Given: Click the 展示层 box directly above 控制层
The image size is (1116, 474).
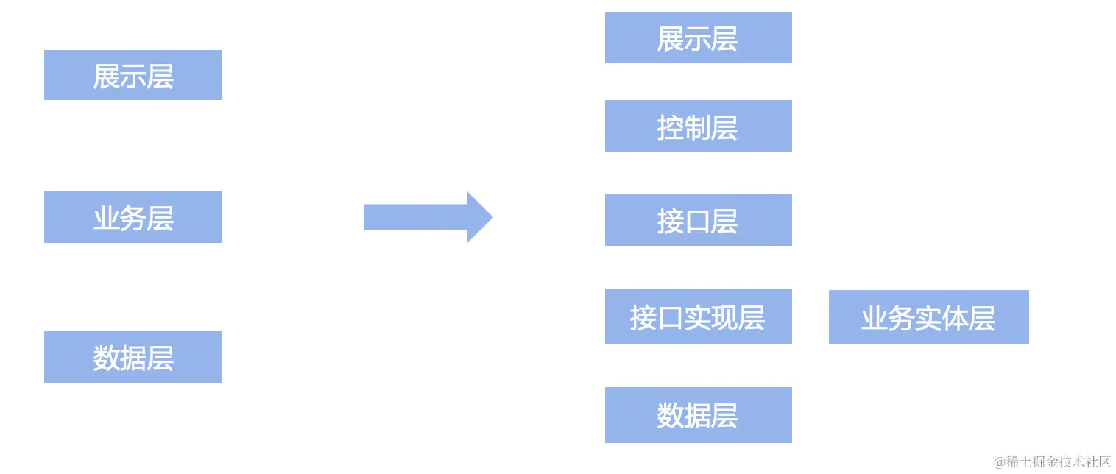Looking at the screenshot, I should click(698, 38).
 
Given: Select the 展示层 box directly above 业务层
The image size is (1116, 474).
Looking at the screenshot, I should click(133, 75).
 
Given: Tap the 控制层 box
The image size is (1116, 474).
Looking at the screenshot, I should click(698, 126).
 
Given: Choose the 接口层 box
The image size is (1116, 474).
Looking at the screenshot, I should click(698, 220).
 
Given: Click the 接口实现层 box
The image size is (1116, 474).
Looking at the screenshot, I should click(698, 316).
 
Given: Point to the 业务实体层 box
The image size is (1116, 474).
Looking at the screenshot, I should click(928, 317).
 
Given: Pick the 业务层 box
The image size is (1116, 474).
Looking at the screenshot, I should click(133, 217).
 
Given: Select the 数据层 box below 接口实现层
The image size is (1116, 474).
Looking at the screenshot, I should click(698, 415).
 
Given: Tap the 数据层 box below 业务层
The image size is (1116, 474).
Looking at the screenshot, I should click(133, 357).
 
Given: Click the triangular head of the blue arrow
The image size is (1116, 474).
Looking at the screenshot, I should click(478, 217).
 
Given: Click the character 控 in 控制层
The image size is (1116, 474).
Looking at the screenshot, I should click(670, 128).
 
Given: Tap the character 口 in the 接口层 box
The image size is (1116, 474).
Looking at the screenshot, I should click(697, 222).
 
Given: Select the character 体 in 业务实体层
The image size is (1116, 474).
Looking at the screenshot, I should click(955, 319).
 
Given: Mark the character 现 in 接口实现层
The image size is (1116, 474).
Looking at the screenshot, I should click(724, 318).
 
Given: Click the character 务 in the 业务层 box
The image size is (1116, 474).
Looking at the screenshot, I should click(133, 219).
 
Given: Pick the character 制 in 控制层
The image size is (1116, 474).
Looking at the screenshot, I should click(697, 128).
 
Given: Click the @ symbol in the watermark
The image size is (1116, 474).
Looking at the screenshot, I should click(1000, 462).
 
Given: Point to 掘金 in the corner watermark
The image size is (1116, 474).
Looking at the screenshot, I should click(1044, 462).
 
